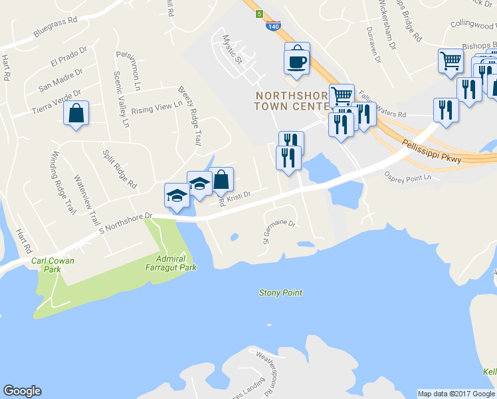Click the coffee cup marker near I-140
(x=297, y=61)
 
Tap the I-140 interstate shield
(x=272, y=27)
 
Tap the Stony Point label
(x=280, y=293)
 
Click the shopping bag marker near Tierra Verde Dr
(x=76, y=113)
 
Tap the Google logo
(x=22, y=391)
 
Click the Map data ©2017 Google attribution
(x=455, y=394)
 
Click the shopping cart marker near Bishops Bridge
(x=450, y=62)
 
